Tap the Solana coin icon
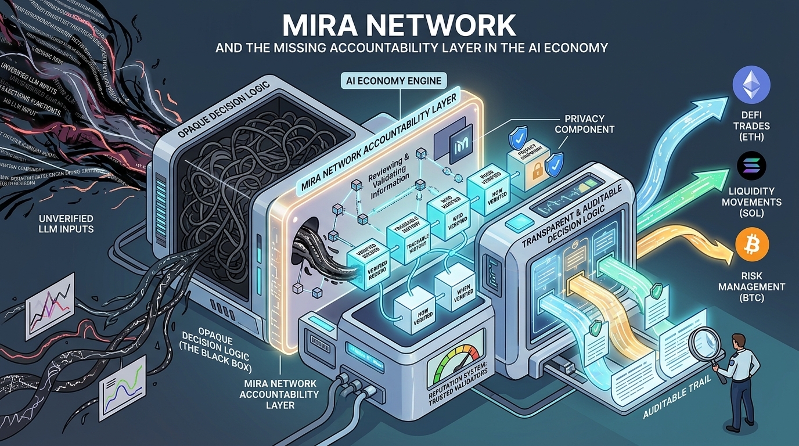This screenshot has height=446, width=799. [751, 167]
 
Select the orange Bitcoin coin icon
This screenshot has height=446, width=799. [751, 246]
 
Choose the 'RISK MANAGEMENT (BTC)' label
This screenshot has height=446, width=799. [751, 287]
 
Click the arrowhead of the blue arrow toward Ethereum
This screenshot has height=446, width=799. [715, 103]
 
